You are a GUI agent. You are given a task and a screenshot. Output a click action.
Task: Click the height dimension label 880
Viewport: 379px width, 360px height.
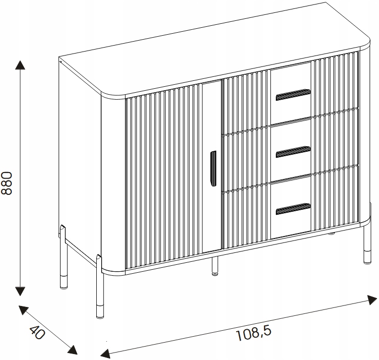click(x=6, y=183)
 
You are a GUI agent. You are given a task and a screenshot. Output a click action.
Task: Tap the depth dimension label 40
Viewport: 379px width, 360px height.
click(x=37, y=332)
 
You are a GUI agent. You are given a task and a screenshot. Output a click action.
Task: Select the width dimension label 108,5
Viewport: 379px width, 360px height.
click(x=253, y=333)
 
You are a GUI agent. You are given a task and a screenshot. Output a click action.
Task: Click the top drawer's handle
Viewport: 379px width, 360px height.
click(x=293, y=95)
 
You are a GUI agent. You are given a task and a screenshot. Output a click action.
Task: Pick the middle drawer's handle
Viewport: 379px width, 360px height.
click(x=293, y=152)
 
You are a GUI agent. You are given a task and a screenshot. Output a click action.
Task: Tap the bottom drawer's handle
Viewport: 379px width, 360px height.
click(x=293, y=209)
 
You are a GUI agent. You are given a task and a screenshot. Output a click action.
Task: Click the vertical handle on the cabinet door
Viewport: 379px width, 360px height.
click(x=213, y=169)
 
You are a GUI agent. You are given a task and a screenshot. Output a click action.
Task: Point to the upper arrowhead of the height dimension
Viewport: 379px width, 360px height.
click(x=20, y=65)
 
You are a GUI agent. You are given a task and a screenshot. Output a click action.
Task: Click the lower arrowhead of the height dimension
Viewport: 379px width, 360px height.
click(x=20, y=291)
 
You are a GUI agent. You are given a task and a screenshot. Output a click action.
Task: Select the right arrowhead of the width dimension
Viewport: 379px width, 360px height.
click(x=372, y=300)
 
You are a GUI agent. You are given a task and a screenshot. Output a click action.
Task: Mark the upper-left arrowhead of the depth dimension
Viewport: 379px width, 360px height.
click(x=23, y=310)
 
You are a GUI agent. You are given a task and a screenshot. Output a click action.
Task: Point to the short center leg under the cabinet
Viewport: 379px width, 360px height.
click(x=215, y=266)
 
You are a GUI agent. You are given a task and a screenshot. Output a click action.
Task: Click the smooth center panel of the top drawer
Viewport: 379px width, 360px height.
click(x=291, y=94)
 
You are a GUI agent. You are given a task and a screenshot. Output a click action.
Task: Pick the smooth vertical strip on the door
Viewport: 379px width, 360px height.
click(x=211, y=167)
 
